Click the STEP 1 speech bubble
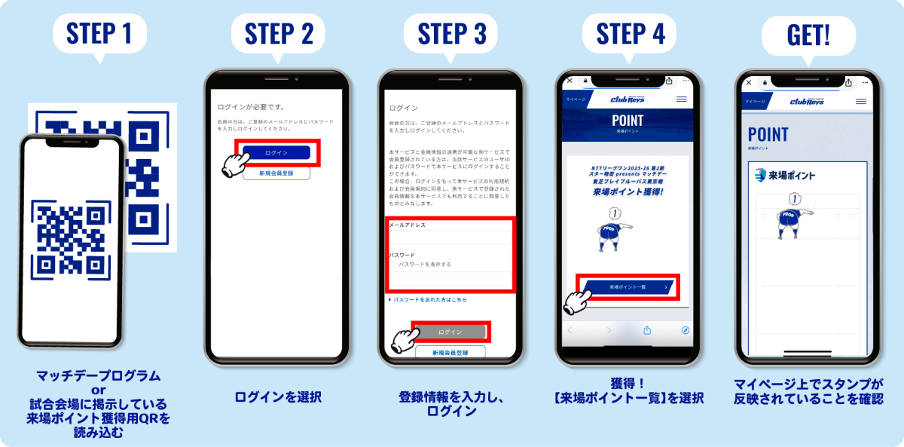99,35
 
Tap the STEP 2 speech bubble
277,35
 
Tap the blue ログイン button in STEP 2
276,153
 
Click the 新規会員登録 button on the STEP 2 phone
276,173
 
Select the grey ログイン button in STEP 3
450,332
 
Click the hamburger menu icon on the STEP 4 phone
682,100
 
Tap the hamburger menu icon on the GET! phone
861,101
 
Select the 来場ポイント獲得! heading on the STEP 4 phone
628,192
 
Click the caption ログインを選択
277,397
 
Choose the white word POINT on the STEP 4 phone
628,121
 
